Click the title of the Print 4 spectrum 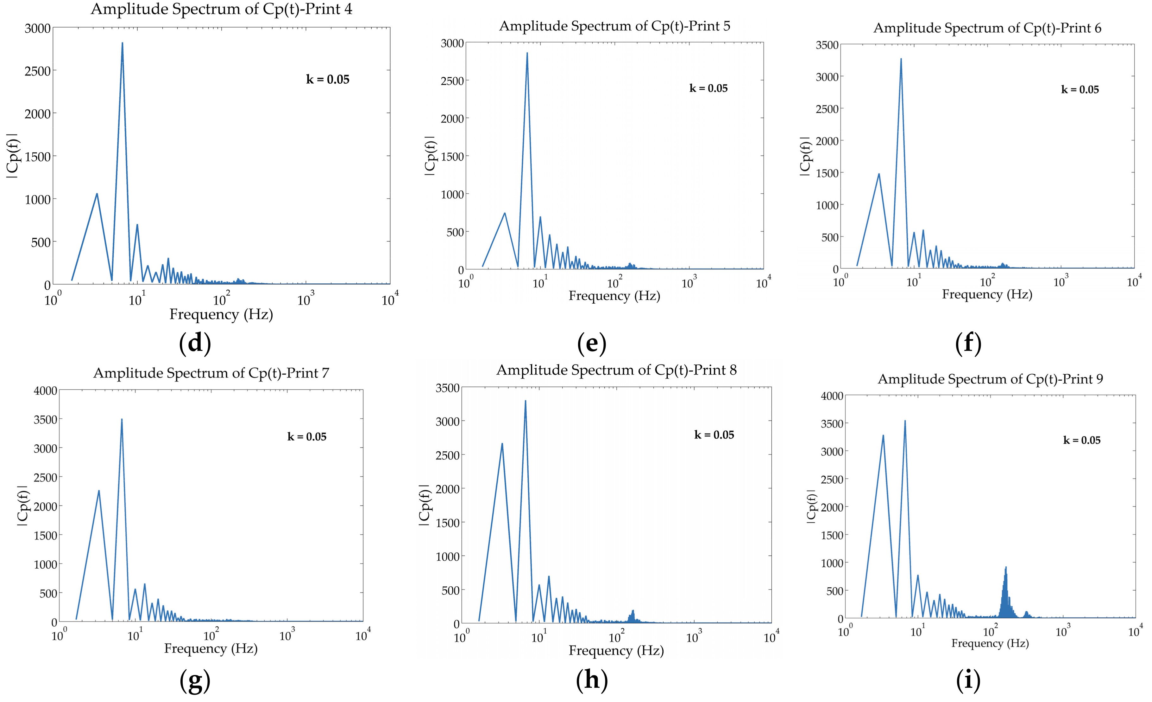pos(221,10)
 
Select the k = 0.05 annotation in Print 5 pos(708,88)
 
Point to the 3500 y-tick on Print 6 pos(827,45)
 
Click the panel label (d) pos(195,343)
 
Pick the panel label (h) pos(592,679)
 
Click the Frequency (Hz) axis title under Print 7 pos(211,649)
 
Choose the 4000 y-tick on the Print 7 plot pos(45,391)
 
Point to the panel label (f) pos(968,343)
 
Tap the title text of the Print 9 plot pos(990,379)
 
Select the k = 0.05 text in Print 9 pos(1081,441)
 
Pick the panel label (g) pos(195,681)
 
